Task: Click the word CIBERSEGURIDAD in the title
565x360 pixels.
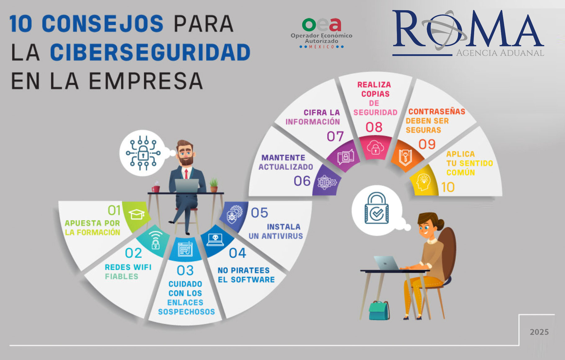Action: tap(150, 52)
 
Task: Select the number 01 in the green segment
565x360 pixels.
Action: tap(114, 210)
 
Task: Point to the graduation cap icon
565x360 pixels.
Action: tap(137, 214)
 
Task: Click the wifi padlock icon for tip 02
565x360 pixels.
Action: tap(155, 240)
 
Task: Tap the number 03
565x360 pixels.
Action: tap(185, 270)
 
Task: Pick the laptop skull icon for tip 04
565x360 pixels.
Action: tap(215, 240)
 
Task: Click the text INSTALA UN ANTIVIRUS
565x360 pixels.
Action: tap(276, 232)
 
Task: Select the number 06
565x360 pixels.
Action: tap(302, 181)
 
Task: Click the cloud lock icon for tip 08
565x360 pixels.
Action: tap(375, 148)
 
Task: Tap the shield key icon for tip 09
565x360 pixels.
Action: tap(405, 158)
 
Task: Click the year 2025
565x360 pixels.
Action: tap(539, 332)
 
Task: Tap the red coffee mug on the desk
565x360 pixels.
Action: tap(156, 189)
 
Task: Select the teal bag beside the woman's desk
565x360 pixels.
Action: tap(379, 310)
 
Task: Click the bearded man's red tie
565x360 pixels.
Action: tap(186, 174)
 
